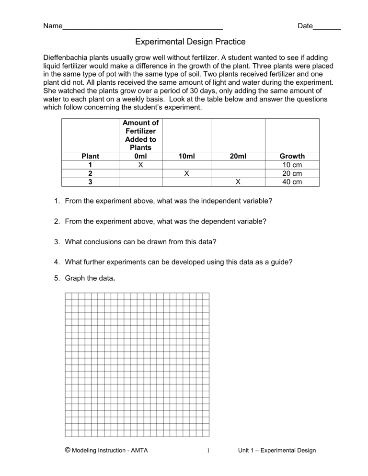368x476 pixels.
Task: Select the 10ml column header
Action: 186,156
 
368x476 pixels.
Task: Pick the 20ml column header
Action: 238,156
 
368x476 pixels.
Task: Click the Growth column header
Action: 292,156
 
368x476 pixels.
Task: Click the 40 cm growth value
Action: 292,182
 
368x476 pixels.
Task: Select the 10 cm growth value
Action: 292,165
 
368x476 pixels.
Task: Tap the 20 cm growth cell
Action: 292,173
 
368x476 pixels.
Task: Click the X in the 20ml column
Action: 238,182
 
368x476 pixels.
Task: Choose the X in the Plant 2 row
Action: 186,173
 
